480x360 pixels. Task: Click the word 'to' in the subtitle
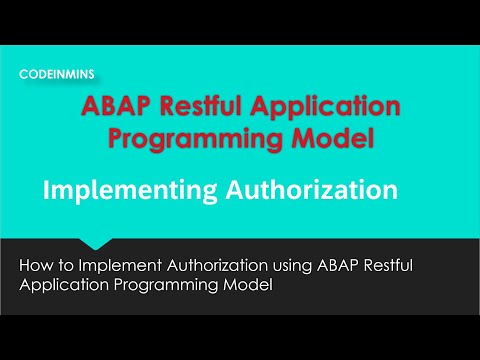click(65, 266)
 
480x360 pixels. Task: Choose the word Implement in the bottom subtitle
click(112, 266)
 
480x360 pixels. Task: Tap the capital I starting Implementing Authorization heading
click(47, 189)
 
